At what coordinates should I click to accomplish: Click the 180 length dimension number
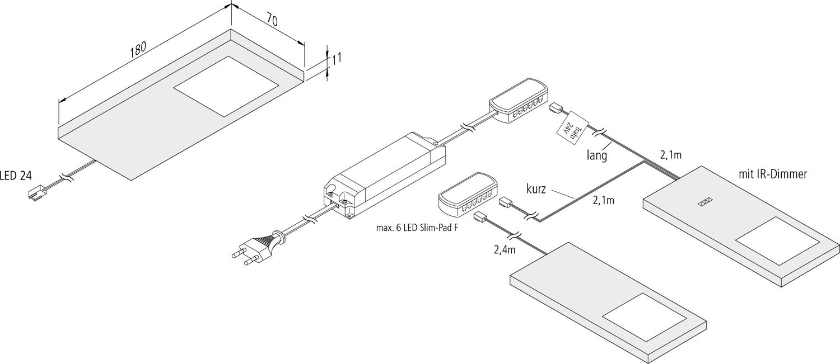tap(138, 49)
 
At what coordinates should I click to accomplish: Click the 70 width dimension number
tap(272, 20)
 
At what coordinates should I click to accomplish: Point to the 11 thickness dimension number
tap(337, 57)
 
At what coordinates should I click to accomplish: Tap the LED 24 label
tap(16, 176)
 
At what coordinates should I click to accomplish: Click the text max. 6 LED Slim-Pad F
tap(417, 228)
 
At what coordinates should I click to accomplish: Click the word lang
tap(597, 155)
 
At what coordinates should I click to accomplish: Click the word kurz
tap(536, 189)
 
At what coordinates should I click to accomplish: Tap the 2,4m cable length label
tap(505, 250)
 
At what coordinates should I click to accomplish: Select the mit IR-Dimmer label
tap(772, 174)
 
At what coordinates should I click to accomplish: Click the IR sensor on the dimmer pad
tap(704, 202)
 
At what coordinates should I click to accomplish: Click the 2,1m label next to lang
tap(670, 155)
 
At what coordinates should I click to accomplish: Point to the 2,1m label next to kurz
tap(603, 201)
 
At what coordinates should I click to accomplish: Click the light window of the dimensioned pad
tap(226, 86)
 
